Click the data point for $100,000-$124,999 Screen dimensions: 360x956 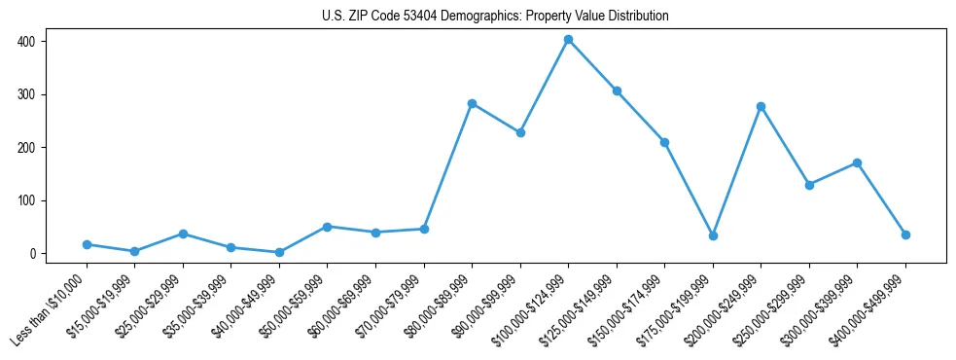coord(568,40)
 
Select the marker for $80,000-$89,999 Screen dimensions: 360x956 coord(472,103)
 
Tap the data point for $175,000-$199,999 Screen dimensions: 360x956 coord(713,235)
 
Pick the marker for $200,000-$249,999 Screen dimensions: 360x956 coord(761,106)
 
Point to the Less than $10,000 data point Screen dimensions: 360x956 coord(87,244)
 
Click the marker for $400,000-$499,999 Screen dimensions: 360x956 coord(905,234)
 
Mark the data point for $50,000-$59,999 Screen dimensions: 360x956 coord(327,227)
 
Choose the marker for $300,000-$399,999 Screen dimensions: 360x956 coord(857,162)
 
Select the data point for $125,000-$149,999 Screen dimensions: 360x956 coord(617,90)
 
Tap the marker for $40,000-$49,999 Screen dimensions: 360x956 coord(279,252)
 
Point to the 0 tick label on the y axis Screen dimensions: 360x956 coord(32,254)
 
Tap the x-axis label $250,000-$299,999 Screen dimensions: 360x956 coord(777,307)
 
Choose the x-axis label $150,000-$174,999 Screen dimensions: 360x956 coord(633,307)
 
